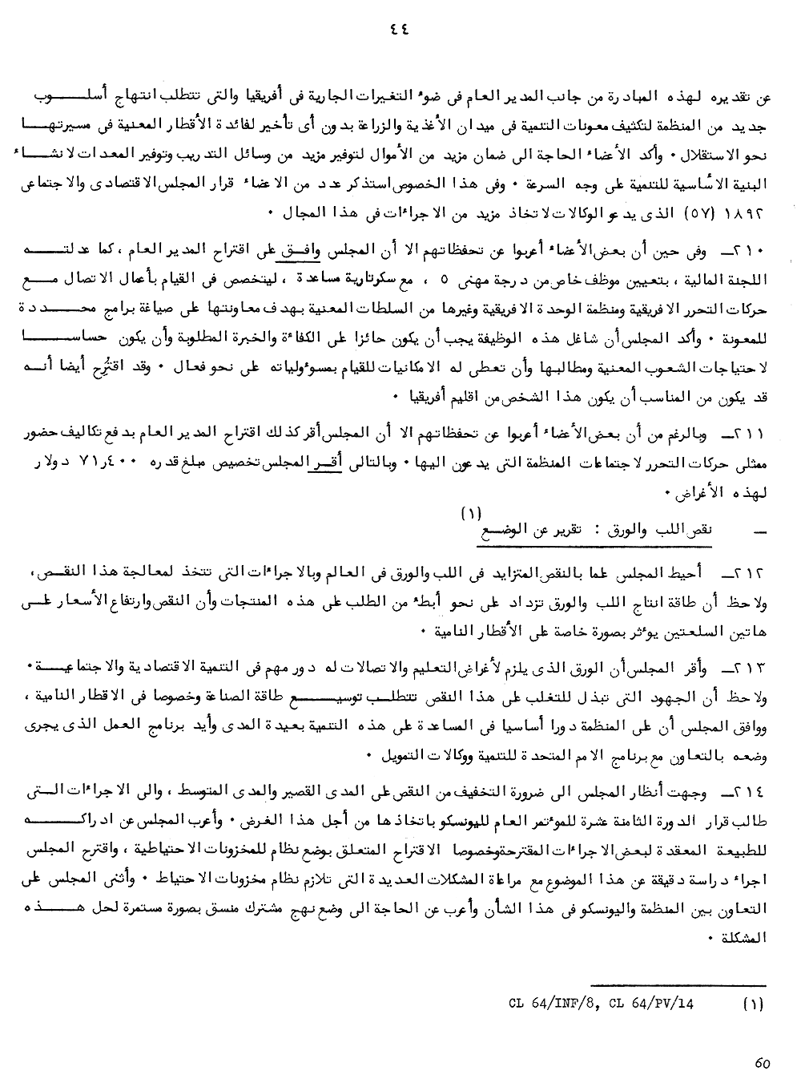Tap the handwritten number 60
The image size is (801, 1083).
(x=762, y=1063)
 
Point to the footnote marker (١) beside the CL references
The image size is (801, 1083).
(x=754, y=1002)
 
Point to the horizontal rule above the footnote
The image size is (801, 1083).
(x=677, y=984)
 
